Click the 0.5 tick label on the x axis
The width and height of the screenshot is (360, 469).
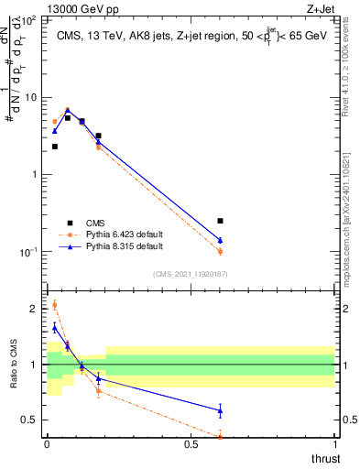191,444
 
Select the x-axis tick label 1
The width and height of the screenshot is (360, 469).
334,444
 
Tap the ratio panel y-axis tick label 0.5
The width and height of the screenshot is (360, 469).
30,420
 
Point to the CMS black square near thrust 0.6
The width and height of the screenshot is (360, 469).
220,221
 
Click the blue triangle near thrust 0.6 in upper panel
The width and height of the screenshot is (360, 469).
220,240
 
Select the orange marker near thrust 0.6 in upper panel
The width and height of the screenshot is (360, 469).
220,251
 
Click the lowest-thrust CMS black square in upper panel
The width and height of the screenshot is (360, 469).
54,147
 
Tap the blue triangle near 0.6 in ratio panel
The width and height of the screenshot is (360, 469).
220,410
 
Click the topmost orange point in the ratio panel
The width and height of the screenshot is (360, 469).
54,305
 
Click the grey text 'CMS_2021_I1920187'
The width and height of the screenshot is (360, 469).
191,273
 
